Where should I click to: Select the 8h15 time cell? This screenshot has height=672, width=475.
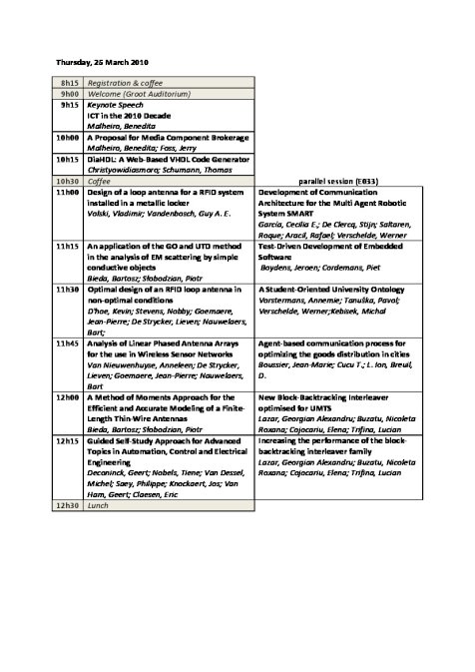[69, 82]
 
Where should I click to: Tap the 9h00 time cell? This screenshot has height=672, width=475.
[69, 93]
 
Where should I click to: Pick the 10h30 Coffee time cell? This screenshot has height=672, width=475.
[69, 182]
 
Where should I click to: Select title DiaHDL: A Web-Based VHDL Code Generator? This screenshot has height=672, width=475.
[167, 159]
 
